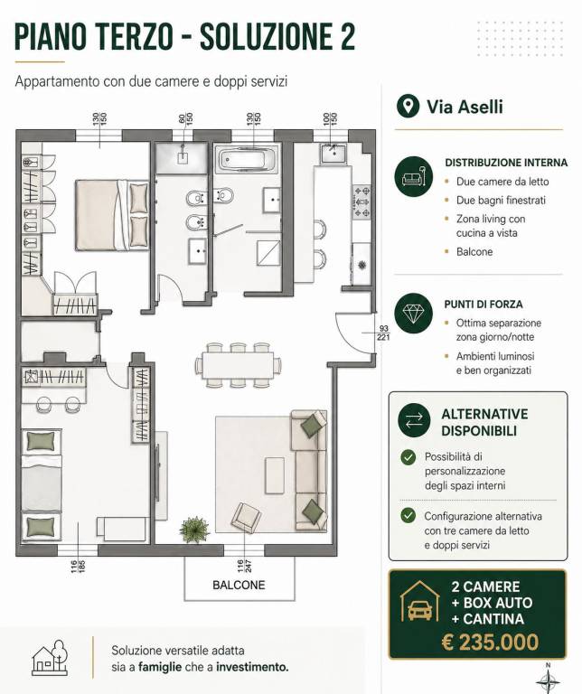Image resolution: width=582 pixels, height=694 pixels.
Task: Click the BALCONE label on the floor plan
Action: coord(239,585)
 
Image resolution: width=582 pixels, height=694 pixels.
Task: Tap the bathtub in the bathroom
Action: coord(248,159)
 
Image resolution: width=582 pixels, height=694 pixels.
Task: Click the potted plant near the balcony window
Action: coord(194,530)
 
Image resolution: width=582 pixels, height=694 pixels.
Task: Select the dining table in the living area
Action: coord(239,365)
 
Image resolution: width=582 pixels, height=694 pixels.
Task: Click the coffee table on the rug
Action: coord(275,475)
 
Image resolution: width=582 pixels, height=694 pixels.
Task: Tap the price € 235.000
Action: coord(490,642)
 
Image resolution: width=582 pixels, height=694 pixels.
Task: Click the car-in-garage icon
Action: coord(420,603)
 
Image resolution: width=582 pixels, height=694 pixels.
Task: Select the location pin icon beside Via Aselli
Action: coord(408,106)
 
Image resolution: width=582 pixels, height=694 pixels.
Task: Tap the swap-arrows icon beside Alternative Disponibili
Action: coord(413,420)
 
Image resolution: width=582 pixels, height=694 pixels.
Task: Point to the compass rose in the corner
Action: coord(548,680)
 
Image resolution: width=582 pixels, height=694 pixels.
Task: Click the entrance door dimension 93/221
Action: coord(383,333)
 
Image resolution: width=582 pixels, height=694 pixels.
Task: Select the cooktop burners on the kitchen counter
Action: coord(361,202)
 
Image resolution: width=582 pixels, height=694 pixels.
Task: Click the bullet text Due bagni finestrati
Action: coord(501,200)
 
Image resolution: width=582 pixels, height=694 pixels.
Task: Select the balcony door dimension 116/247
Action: coord(244,566)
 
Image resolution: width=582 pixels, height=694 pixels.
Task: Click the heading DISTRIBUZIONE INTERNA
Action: coord(506,163)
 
